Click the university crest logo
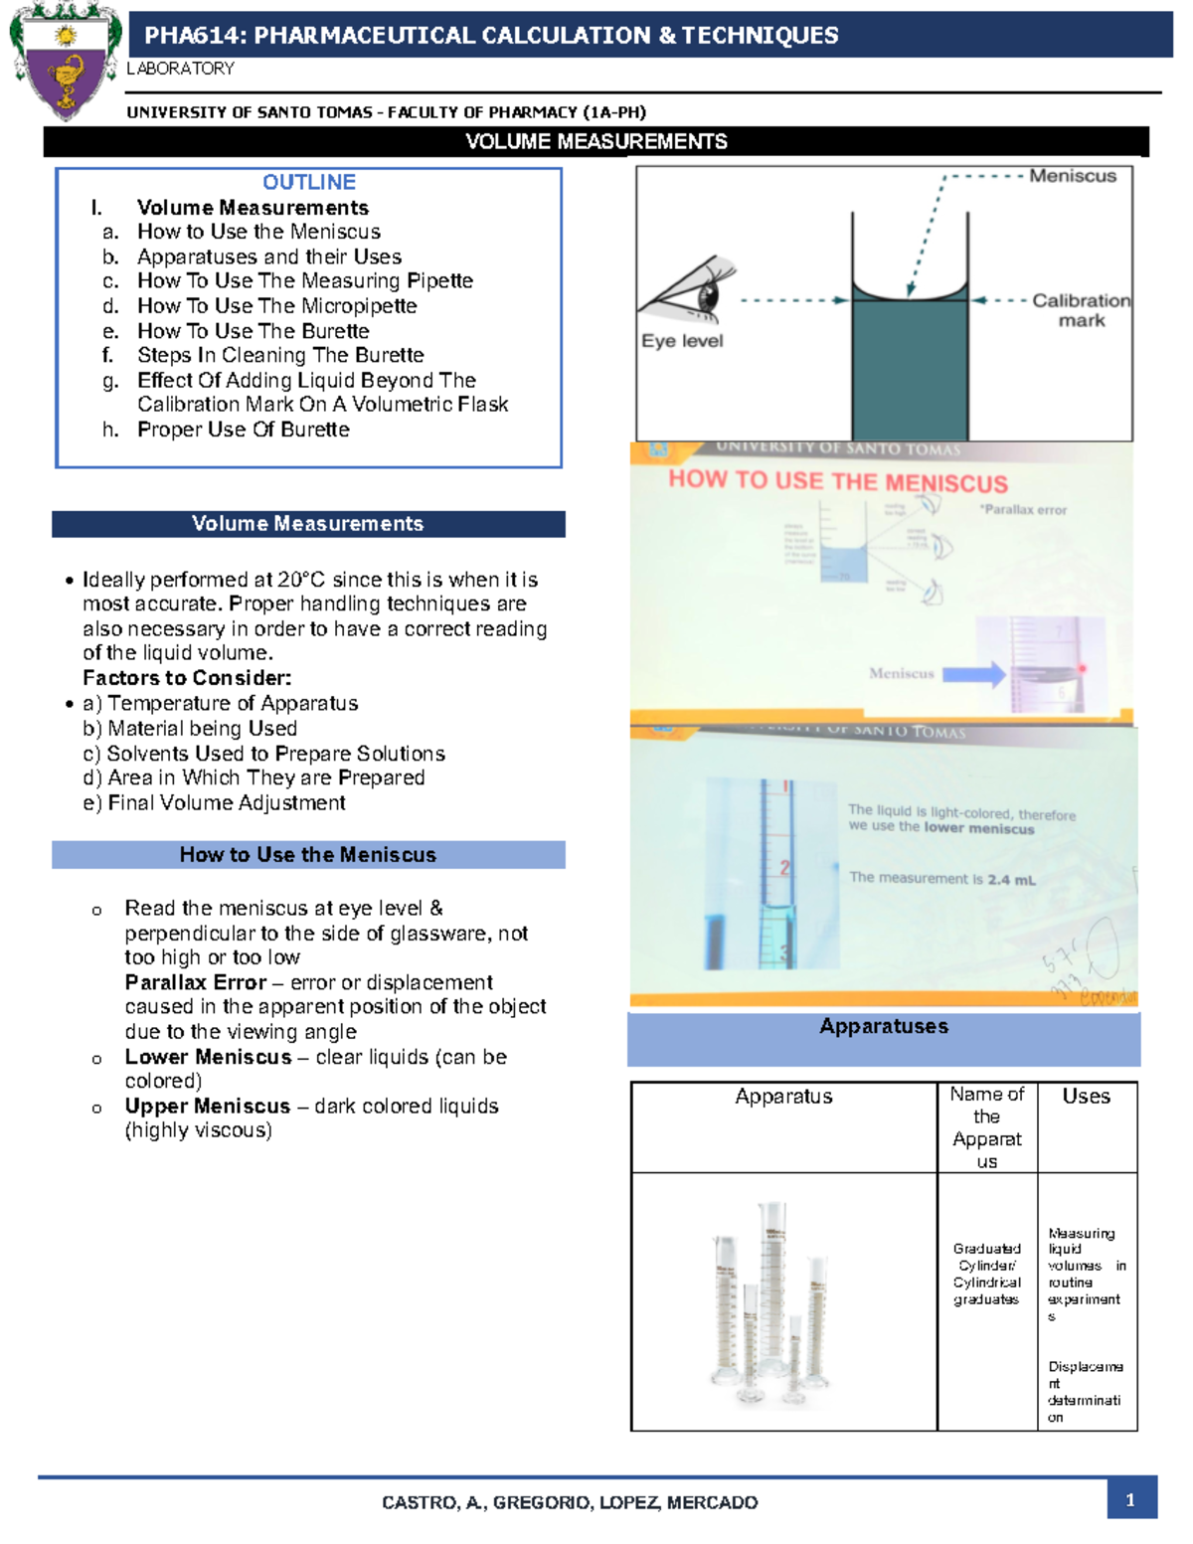click(x=65, y=62)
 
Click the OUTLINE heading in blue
click(x=309, y=182)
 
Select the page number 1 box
click(x=1130, y=1500)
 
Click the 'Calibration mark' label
click(x=1081, y=310)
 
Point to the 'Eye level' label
click(x=682, y=341)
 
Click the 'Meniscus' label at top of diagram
click(x=1073, y=176)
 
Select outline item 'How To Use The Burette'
click(x=254, y=331)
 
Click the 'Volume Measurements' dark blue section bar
click(x=308, y=524)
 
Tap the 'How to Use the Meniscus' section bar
click(x=308, y=855)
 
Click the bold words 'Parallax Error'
click(x=196, y=982)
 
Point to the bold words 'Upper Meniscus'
click(x=208, y=1107)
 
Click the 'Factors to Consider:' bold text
click(x=187, y=678)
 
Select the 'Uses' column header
click(x=1086, y=1097)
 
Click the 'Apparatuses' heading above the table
click(x=883, y=1027)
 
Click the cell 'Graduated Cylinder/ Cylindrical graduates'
click(x=986, y=1274)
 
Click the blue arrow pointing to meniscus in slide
click(x=974, y=674)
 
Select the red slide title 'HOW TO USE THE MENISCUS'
click(x=837, y=482)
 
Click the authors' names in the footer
click(x=570, y=1502)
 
